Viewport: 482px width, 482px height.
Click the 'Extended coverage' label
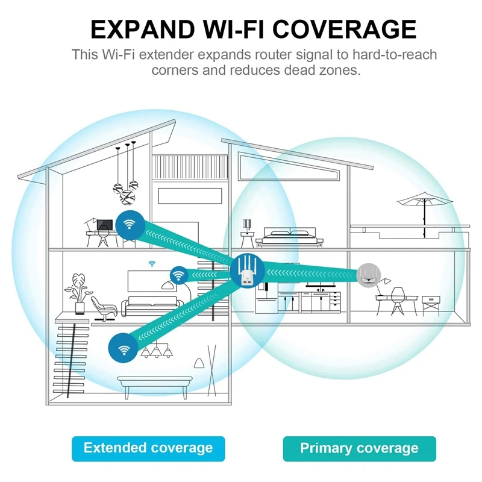(148, 448)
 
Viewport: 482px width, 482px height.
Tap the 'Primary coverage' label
(359, 448)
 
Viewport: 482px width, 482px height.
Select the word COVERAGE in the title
(349, 30)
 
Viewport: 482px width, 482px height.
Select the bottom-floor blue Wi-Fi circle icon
(124, 348)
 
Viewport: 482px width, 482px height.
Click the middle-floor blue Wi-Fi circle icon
(178, 275)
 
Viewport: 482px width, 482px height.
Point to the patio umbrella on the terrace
(425, 202)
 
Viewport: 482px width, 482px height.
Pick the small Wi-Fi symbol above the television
(151, 263)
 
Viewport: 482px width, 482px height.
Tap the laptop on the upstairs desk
(105, 226)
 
